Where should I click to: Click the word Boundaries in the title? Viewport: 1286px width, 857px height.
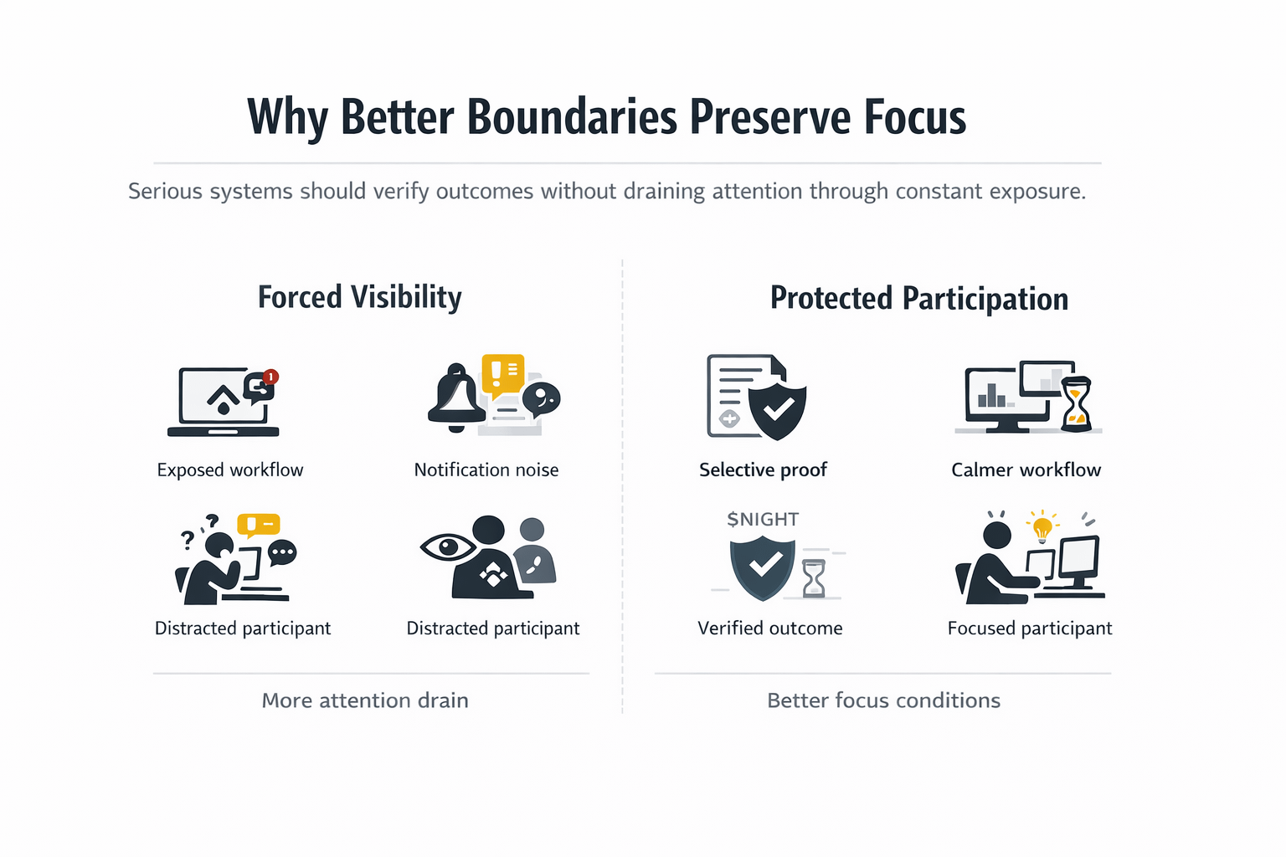tap(571, 117)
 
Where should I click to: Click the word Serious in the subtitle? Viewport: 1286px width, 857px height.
tap(165, 192)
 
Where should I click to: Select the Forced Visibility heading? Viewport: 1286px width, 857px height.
tap(359, 297)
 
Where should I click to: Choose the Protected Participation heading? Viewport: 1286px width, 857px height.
tap(918, 299)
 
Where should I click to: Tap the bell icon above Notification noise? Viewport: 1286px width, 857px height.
tap(455, 397)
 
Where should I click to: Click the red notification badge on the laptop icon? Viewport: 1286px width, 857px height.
tap(270, 377)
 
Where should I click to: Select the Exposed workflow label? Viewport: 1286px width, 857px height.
tap(230, 470)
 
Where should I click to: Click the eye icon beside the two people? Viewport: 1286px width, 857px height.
tap(447, 547)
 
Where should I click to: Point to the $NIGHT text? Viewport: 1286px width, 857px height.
tap(763, 520)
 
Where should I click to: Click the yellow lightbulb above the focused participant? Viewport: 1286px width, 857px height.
tap(1042, 528)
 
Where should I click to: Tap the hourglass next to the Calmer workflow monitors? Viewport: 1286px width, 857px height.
tap(1076, 404)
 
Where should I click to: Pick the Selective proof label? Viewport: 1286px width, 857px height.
tap(763, 470)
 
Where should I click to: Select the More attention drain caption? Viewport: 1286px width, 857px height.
tap(365, 700)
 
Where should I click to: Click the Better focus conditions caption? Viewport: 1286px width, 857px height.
tap(883, 700)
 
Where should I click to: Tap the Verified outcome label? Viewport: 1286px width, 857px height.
tap(770, 629)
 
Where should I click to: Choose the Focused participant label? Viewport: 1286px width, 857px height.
tap(1030, 629)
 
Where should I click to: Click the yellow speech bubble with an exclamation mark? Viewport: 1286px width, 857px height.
tap(502, 372)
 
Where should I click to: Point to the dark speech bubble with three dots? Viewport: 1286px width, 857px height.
tap(282, 552)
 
